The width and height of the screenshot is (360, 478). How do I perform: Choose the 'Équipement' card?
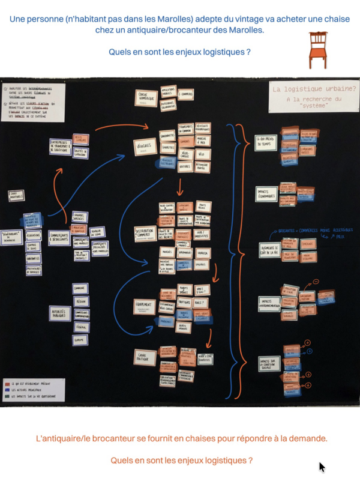pos(145,306)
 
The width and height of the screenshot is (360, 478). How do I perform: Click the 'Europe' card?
pos(80,339)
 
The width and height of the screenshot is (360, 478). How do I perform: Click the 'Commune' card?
pos(80,289)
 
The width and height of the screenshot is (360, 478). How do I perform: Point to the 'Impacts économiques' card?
pos(267,193)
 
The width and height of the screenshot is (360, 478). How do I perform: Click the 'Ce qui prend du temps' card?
pos(266,143)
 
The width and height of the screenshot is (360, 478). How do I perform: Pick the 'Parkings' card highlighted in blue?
pos(166,321)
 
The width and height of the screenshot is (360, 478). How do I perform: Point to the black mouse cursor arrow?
pos(322,467)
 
